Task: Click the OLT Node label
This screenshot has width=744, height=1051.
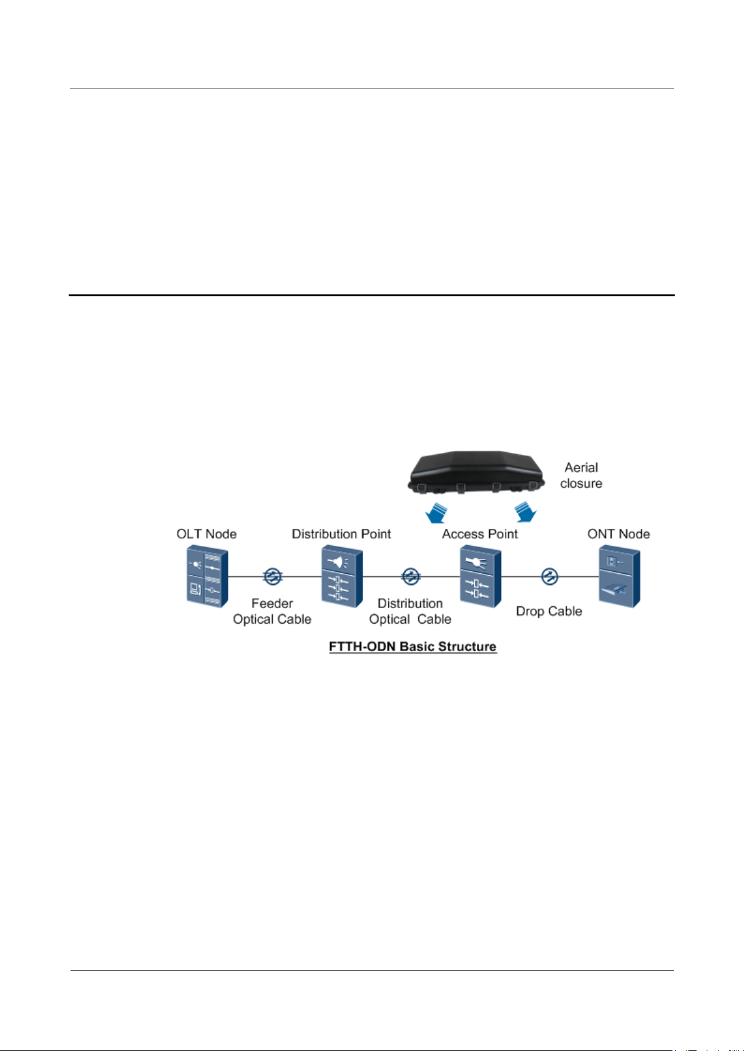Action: tap(207, 534)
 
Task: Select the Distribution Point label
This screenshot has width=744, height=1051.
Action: tap(341, 534)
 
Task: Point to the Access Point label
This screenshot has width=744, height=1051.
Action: tap(480, 534)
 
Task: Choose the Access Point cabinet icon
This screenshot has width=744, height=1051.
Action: tap(480, 576)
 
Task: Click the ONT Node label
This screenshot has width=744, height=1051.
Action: tap(619, 534)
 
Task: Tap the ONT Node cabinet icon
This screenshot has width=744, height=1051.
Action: tap(619, 576)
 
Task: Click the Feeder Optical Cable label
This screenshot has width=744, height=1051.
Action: tap(272, 611)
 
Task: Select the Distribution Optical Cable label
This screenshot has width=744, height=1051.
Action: tap(410, 611)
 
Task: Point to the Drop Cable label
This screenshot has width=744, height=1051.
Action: tap(549, 611)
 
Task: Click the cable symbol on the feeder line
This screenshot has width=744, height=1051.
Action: tap(272, 576)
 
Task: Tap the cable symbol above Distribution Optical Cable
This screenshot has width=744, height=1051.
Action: tap(410, 576)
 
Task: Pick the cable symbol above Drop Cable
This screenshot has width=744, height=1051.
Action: tap(549, 576)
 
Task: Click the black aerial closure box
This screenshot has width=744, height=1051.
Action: tap(476, 472)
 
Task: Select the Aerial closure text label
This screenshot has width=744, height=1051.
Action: tap(581, 475)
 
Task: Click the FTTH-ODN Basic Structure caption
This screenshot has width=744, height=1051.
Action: tap(413, 646)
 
